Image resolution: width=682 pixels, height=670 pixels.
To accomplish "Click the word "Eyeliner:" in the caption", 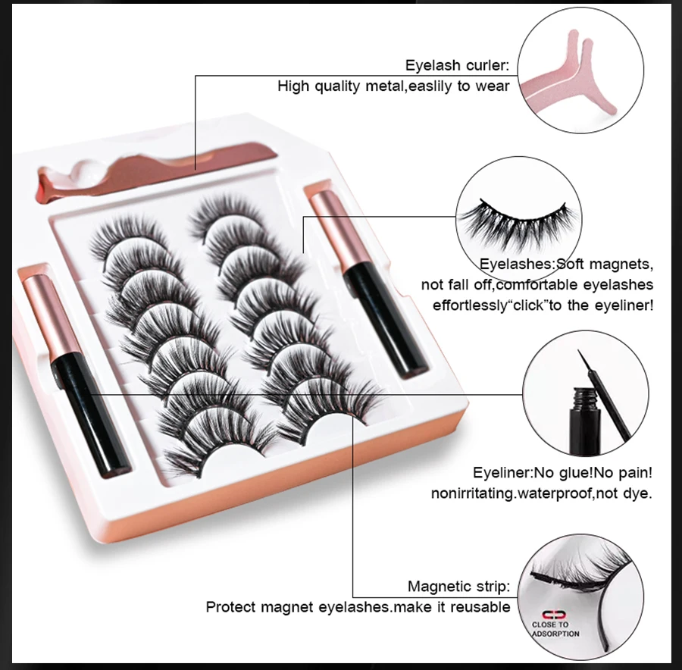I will coord(503,473).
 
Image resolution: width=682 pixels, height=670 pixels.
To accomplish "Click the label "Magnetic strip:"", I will coord(459,586).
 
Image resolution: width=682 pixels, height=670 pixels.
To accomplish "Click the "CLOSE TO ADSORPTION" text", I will coord(555,629).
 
